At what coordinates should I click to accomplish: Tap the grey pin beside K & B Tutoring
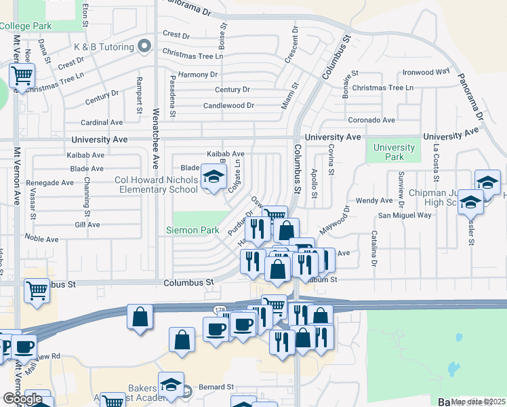(143, 46)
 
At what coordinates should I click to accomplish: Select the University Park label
(394, 152)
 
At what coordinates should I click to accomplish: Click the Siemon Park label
(192, 230)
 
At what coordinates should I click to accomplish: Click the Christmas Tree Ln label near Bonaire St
(383, 88)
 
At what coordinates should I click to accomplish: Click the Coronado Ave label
(371, 120)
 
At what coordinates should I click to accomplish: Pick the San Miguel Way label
(405, 215)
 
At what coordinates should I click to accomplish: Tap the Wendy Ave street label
(374, 201)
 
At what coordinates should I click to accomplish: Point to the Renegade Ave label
(49, 182)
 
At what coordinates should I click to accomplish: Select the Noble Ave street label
(43, 238)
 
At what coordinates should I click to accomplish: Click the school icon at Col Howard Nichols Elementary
(214, 178)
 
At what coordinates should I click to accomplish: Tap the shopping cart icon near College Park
(22, 75)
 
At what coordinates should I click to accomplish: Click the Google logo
(23, 398)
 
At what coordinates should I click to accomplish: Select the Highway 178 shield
(220, 310)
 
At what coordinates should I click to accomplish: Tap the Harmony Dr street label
(198, 75)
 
